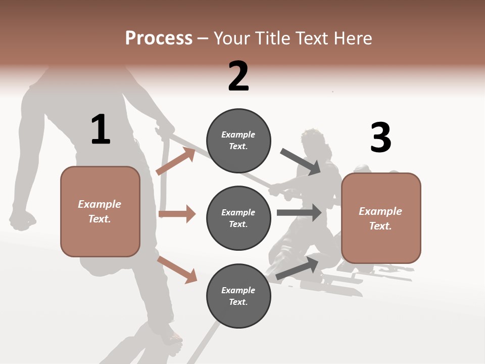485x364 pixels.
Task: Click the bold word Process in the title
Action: pos(159,38)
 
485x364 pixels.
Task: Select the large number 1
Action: pos(101,129)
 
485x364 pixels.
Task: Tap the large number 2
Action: pos(238,76)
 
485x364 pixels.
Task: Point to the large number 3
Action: pos(380,138)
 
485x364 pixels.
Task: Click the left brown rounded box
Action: pos(100,211)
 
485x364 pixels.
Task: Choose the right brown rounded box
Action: pos(381,218)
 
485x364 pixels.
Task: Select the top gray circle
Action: pos(238,141)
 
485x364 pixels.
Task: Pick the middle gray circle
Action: pos(238,218)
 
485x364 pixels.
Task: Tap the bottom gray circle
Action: pos(238,296)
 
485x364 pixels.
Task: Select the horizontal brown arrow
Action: pos(177,214)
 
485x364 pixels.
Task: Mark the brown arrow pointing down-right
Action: pos(177,269)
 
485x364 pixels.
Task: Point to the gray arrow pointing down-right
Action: pos(301,161)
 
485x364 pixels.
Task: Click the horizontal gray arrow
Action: pos(299,212)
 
